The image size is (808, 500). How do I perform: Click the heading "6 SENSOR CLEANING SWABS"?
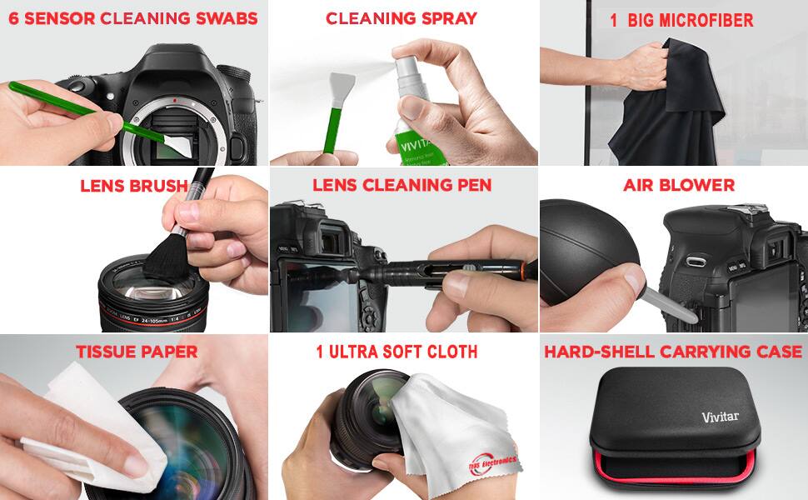point(133,18)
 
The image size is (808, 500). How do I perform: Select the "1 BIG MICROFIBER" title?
point(681,21)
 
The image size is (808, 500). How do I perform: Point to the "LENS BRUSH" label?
point(133,186)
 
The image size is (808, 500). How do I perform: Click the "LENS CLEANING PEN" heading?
point(402,185)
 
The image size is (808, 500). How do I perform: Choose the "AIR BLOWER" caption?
point(679,185)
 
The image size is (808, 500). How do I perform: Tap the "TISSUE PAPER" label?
point(137,352)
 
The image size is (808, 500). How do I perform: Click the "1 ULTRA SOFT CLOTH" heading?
point(397,352)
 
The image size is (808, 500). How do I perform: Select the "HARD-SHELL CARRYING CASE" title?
point(673,352)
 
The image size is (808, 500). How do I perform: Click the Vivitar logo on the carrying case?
point(720,417)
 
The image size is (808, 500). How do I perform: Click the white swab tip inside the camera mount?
point(177,147)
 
